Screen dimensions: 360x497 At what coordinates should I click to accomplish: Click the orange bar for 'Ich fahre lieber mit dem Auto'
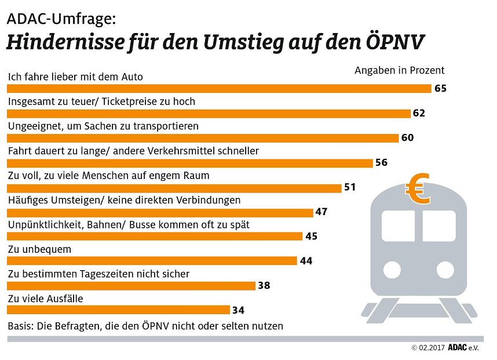(x=219, y=89)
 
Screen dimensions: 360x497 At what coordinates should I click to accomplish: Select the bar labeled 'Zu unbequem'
(x=152, y=261)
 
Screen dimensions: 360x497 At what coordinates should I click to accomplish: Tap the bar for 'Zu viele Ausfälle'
(x=118, y=310)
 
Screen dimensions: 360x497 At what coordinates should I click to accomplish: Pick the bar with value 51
(x=174, y=187)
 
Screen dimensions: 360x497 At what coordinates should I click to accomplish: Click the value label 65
(x=441, y=89)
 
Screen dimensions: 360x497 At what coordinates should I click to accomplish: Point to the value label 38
(x=265, y=285)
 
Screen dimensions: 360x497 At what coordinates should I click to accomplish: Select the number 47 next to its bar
(x=321, y=212)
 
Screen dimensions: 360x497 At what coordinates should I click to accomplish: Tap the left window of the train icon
(x=398, y=226)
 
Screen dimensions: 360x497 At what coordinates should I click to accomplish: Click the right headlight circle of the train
(x=445, y=270)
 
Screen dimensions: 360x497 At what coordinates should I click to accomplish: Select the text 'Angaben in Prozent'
(x=399, y=71)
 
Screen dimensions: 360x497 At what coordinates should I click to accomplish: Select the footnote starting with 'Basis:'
(x=145, y=326)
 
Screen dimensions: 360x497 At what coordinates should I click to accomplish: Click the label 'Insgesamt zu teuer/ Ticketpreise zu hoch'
(x=101, y=101)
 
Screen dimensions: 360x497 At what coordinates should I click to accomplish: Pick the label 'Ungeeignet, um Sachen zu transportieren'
(x=103, y=126)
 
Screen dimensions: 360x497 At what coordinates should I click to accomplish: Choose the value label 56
(x=381, y=162)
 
